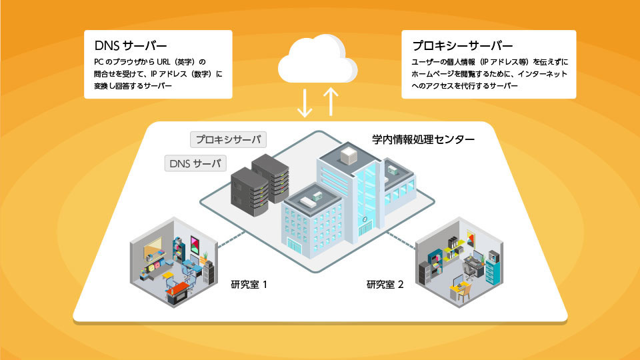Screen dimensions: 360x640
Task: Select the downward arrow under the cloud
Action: [x=304, y=101]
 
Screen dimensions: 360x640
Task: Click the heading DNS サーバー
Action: [x=131, y=47]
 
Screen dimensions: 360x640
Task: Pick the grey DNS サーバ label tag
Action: [x=195, y=162]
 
